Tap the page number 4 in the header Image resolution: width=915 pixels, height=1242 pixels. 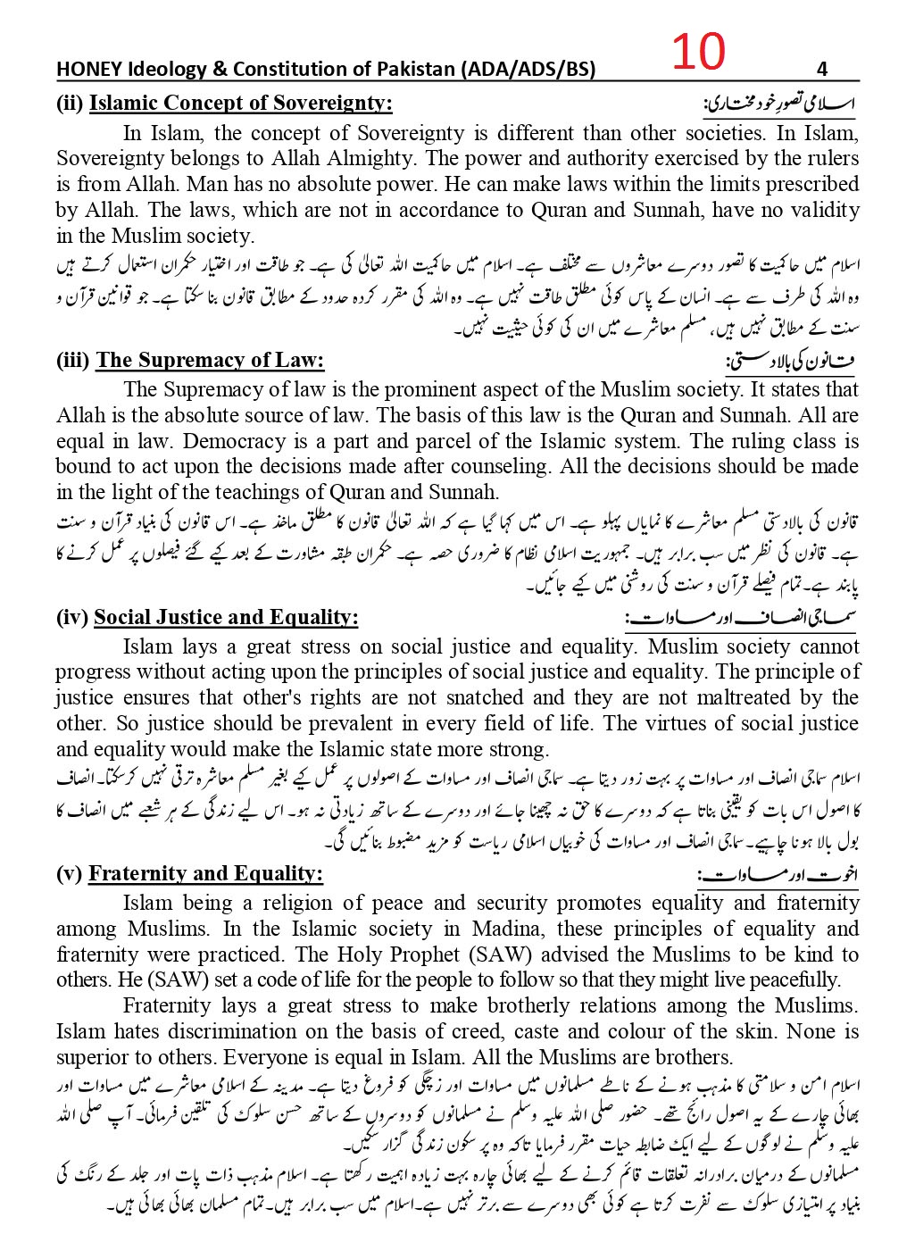pos(822,69)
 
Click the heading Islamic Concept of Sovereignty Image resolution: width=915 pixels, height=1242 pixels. pos(240,103)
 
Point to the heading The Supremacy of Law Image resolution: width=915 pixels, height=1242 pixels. pos(210,360)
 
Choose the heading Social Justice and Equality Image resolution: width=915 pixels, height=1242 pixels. pos(226,617)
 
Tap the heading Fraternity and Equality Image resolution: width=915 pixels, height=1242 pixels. pos(205,873)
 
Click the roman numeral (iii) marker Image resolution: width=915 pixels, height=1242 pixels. pos(72,360)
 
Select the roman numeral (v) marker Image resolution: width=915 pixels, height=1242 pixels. pos(69,873)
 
